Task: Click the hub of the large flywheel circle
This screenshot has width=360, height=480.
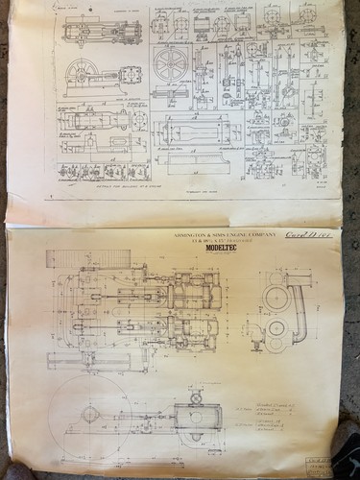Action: point(90,415)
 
